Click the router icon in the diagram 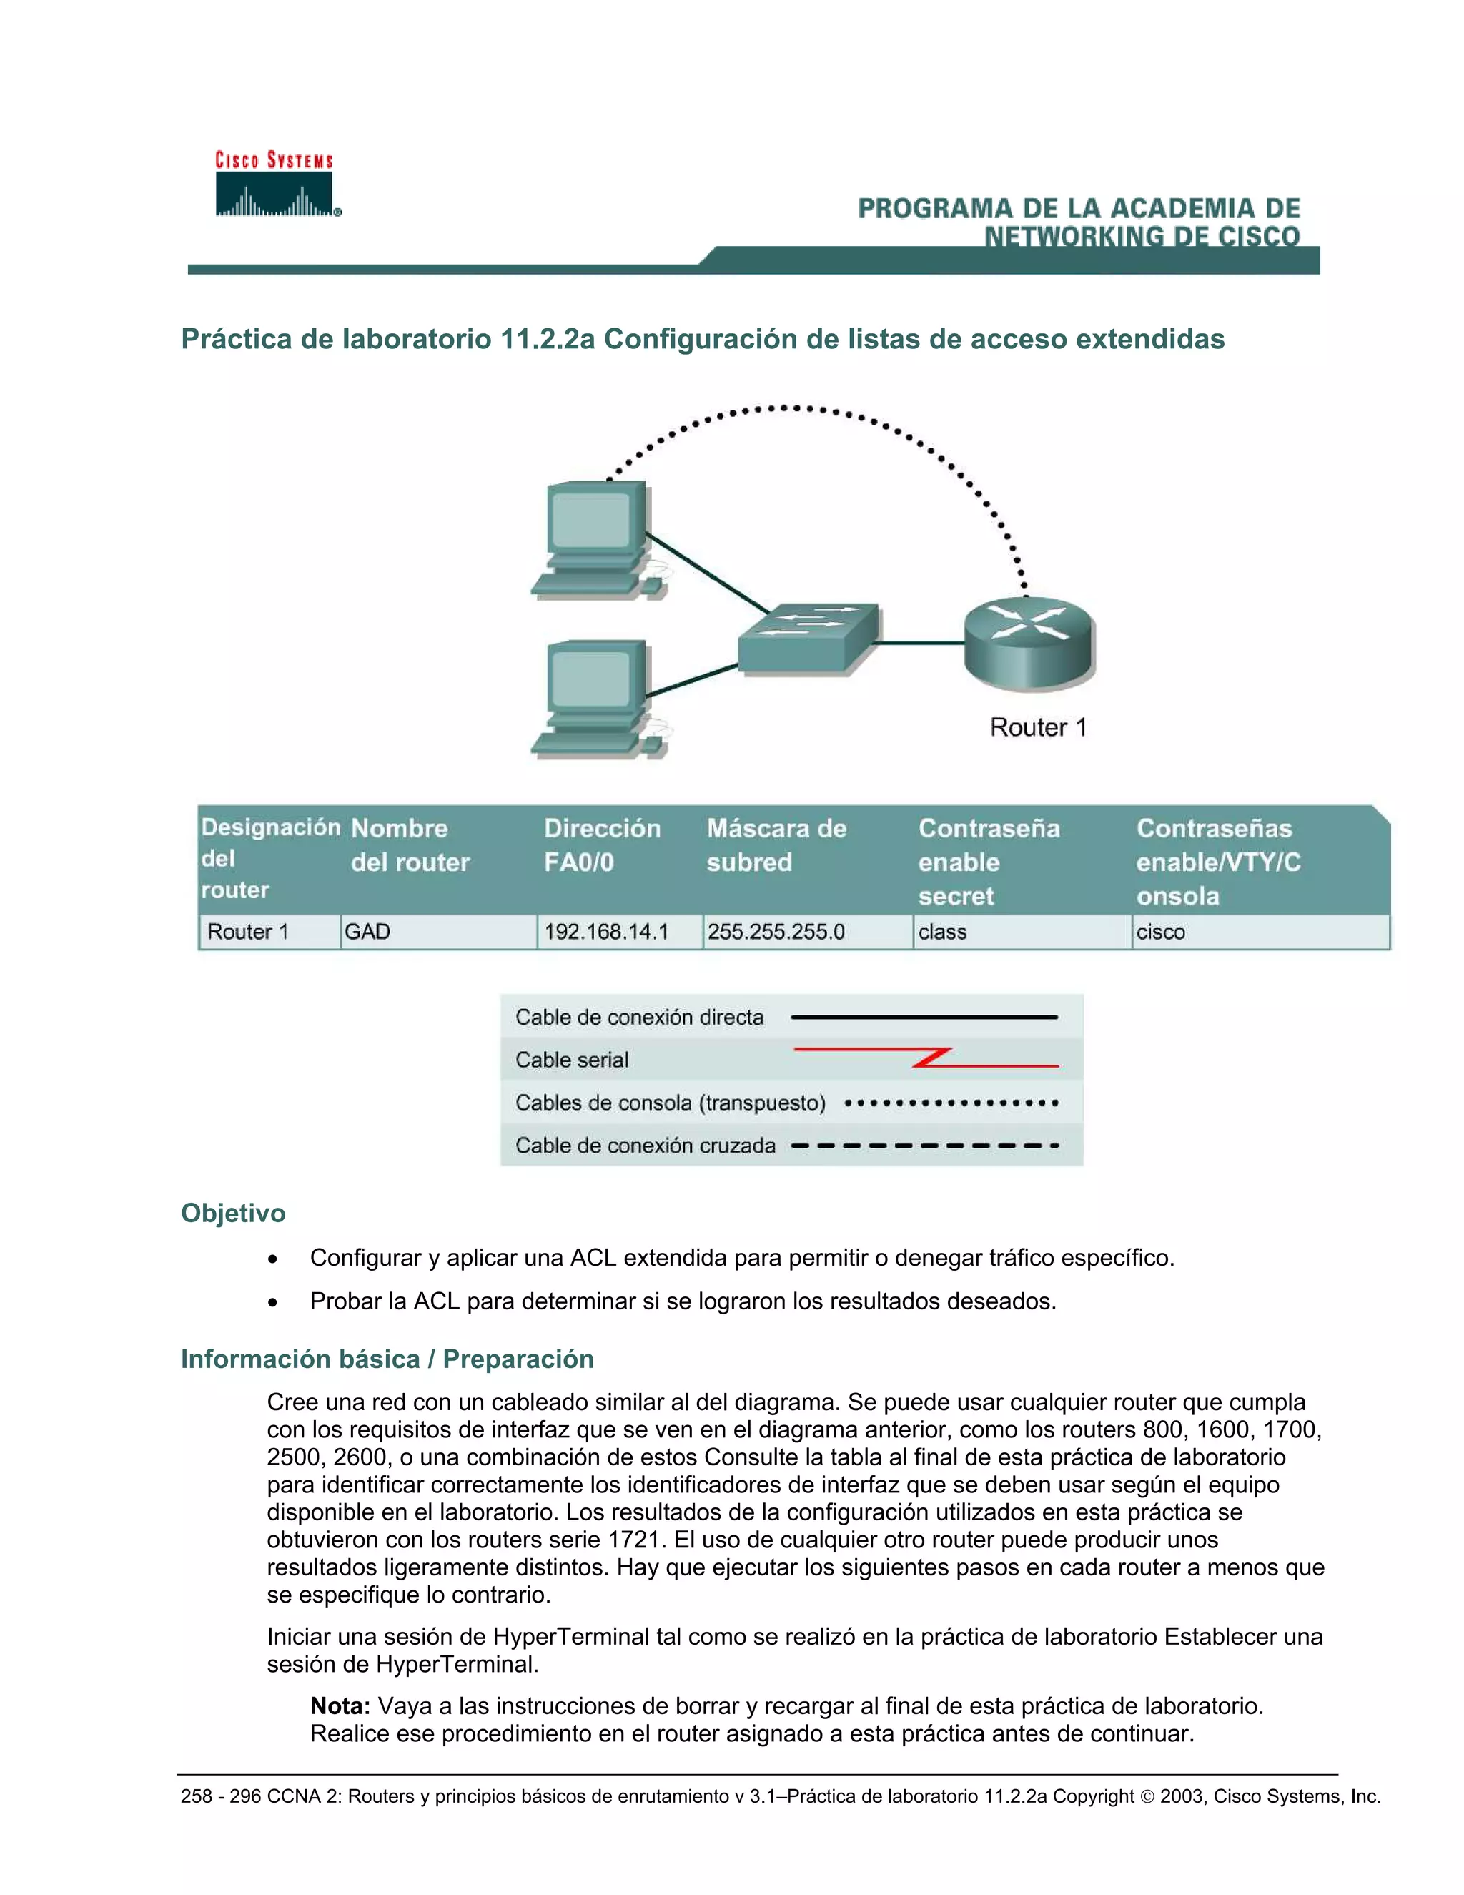tap(1029, 643)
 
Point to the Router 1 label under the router tap(1037, 727)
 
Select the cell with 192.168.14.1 tap(606, 932)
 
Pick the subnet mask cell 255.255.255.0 tap(776, 932)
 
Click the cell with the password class tap(943, 932)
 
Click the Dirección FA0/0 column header tap(602, 845)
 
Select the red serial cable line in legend tap(926, 1058)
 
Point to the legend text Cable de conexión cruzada tap(646, 1146)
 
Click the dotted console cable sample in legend tap(951, 1103)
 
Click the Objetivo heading tap(232, 1212)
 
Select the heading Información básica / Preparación tap(387, 1358)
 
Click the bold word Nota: tap(340, 1705)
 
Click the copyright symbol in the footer tap(1147, 1797)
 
